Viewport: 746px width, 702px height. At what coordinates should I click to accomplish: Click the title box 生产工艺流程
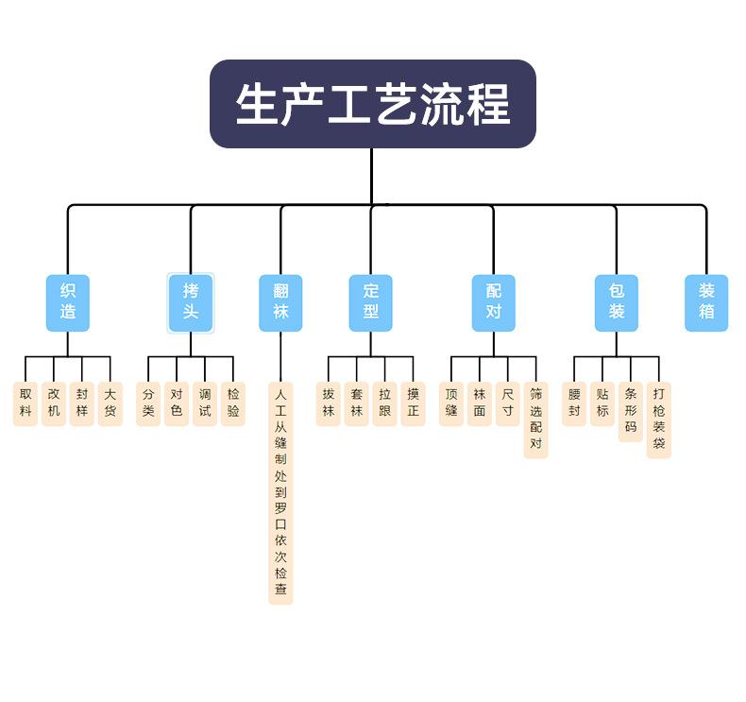[373, 104]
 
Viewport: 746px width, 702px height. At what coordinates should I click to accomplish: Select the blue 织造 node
[68, 302]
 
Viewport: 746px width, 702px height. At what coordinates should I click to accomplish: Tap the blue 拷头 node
[191, 302]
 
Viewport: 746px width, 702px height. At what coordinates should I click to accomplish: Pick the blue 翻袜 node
[280, 302]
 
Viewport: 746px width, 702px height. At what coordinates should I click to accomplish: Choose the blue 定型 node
[370, 302]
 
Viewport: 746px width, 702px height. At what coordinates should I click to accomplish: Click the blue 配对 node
[494, 302]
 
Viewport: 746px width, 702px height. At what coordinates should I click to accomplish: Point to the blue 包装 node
[617, 302]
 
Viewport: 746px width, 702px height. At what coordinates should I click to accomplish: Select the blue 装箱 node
[706, 302]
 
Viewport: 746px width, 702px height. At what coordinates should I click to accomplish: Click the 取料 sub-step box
[25, 403]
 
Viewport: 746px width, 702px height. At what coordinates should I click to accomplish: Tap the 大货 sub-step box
[110, 403]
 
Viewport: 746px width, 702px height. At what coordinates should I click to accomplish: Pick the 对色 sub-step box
[177, 403]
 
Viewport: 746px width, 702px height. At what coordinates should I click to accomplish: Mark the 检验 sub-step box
[233, 403]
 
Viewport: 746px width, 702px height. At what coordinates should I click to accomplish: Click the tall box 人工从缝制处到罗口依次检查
[280, 491]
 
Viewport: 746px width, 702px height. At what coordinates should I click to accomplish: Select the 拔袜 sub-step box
[328, 403]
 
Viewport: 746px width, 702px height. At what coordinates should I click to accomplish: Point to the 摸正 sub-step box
[413, 403]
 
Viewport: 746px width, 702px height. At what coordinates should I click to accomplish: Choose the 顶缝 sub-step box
[451, 403]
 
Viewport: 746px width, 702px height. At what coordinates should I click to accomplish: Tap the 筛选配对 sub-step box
[536, 419]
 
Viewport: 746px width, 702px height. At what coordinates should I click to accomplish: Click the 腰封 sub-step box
[574, 403]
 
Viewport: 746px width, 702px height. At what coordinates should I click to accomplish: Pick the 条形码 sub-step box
[631, 411]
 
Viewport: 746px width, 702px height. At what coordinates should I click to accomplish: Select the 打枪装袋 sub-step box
[659, 419]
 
